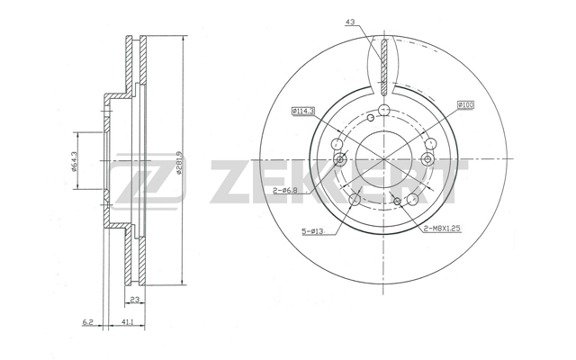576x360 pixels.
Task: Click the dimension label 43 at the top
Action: pos(350,22)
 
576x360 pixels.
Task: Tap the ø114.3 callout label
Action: pos(303,111)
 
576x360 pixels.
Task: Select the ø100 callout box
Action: pos(466,105)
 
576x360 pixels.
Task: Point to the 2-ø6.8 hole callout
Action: pos(284,190)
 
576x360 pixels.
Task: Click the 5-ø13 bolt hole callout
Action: pos(312,231)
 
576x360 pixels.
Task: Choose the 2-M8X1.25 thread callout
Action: pos(442,229)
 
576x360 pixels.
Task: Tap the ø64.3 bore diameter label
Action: pos(73,162)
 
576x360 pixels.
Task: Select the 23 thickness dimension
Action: pos(135,300)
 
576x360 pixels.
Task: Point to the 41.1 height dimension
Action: pos(127,322)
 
